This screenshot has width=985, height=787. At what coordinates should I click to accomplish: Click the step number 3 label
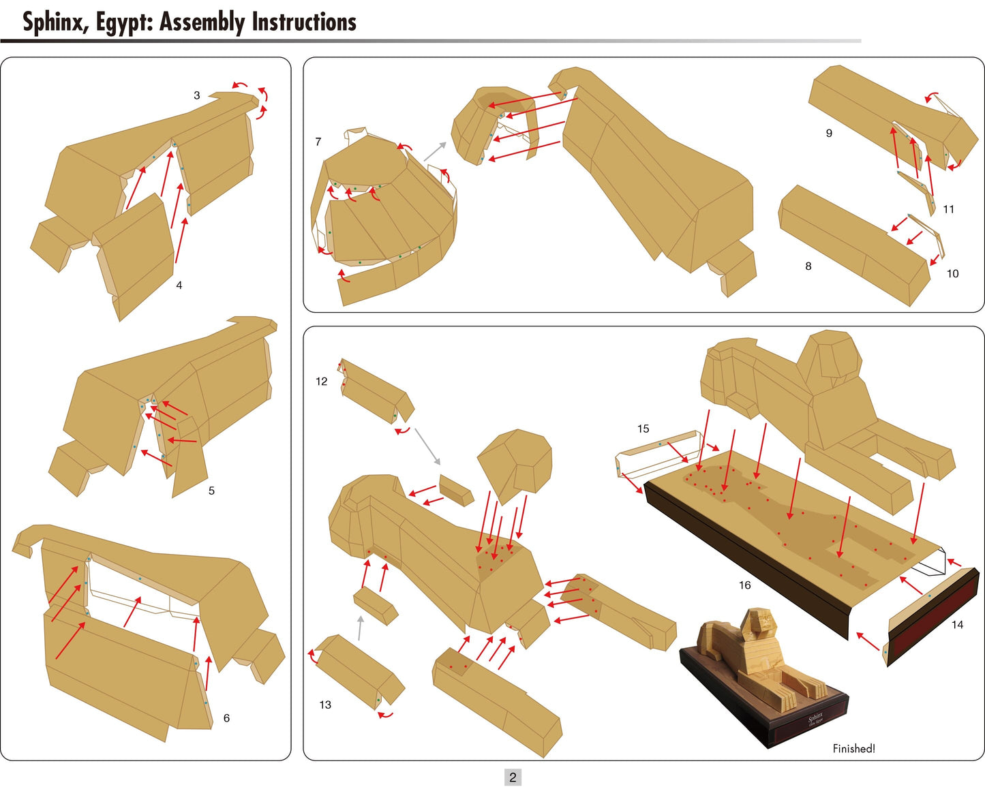[x=197, y=95]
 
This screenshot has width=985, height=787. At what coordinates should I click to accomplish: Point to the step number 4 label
[x=179, y=286]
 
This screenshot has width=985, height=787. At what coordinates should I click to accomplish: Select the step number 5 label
[x=211, y=491]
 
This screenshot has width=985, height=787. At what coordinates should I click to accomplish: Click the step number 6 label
[x=226, y=718]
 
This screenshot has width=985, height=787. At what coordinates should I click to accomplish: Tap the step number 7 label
[x=318, y=142]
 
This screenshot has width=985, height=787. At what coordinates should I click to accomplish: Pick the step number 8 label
[x=808, y=266]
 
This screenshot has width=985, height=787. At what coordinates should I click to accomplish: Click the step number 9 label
[x=829, y=133]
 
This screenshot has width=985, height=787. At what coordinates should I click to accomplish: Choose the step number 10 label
[x=952, y=274]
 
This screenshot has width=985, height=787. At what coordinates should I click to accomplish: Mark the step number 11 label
[x=948, y=209]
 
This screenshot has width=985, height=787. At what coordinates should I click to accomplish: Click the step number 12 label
[x=322, y=382]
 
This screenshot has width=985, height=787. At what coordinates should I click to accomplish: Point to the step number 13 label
[x=325, y=705]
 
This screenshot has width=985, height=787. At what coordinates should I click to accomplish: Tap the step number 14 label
[x=957, y=625]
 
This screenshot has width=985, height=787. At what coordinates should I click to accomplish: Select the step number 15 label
[x=643, y=429]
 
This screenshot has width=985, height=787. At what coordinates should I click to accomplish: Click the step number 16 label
[x=744, y=585]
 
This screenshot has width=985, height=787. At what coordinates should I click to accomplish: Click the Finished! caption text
[x=853, y=749]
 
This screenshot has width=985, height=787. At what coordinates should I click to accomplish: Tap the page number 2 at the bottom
[x=513, y=777]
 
